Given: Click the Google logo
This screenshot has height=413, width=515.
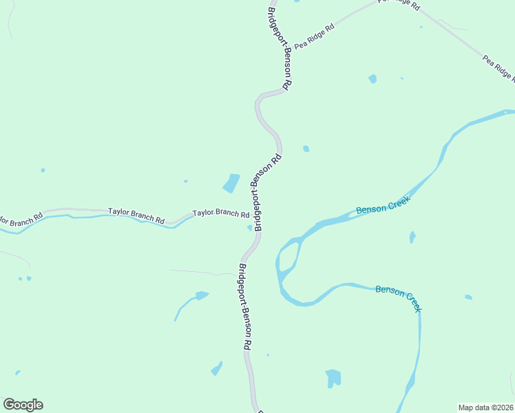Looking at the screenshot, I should click(23, 405).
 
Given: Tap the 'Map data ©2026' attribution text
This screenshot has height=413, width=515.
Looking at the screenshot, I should click(486, 407).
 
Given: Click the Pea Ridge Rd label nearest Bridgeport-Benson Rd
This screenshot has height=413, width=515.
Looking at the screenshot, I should click(314, 36).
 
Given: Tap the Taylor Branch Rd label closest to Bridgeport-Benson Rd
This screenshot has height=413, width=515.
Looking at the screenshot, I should click(220, 213).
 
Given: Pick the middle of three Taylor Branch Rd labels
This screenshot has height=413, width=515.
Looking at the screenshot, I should click(136, 215).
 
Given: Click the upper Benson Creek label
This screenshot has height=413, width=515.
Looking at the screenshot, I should click(383, 204).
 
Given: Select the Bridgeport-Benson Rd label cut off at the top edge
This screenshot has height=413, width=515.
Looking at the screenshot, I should click(280, 48).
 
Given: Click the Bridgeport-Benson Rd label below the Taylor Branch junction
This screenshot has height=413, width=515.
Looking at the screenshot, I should click(244, 308).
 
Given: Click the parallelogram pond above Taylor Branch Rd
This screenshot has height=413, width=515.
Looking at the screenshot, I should click(231, 183).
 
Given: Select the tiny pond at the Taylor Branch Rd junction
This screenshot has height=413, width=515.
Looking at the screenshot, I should click(250, 228).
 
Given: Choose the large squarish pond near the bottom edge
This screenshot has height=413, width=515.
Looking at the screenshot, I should click(333, 378).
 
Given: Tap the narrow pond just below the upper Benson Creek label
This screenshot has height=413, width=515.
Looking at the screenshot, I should click(412, 237).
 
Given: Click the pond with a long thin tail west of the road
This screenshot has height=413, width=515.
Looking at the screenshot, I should click(200, 296).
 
